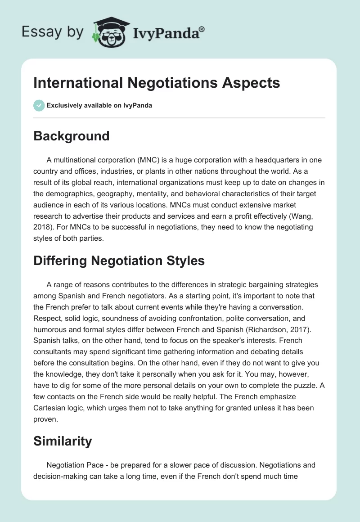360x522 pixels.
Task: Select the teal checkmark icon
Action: [x=39, y=106]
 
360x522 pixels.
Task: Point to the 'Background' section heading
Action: [x=71, y=136]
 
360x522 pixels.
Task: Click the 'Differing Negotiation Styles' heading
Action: [x=119, y=261]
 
